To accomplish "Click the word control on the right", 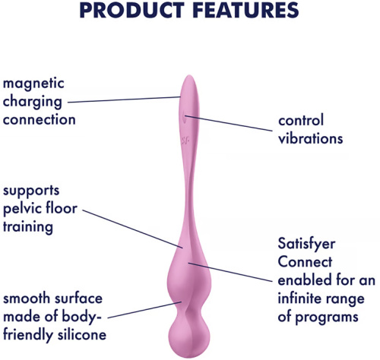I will [300, 121].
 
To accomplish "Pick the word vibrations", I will [310, 138].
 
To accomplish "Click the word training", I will [26, 226].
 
